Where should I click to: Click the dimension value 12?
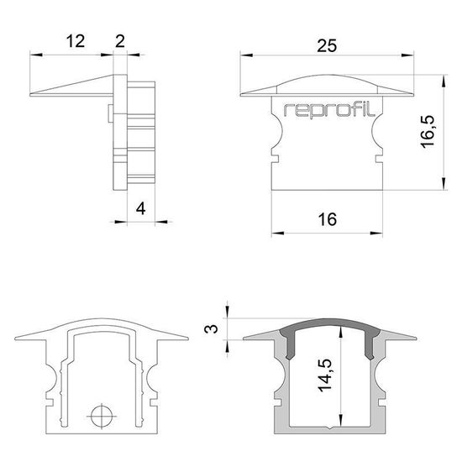tap(76, 41)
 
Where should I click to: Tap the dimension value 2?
tap(120, 41)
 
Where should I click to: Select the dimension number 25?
tap(327, 45)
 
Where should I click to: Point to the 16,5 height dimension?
tap(428, 131)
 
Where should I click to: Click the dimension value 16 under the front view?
tap(327, 219)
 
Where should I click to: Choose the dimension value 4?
tap(141, 208)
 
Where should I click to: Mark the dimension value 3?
tap(211, 328)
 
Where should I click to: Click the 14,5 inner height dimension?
tap(325, 375)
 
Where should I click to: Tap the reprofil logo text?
tap(329, 111)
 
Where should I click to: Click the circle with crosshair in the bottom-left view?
tap(102, 416)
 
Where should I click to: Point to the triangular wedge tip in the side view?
tap(30, 95)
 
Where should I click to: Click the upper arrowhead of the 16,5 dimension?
tap(443, 81)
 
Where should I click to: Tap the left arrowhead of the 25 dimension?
tap(246, 55)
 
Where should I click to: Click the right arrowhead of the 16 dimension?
tap(376, 233)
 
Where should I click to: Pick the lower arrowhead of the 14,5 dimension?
tap(340, 420)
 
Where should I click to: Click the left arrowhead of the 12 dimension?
tap(36, 55)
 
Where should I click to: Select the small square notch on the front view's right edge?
tap(379, 159)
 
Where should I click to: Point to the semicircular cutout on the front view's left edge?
tap(277, 132)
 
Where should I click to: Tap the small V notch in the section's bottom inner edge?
tap(331, 428)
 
